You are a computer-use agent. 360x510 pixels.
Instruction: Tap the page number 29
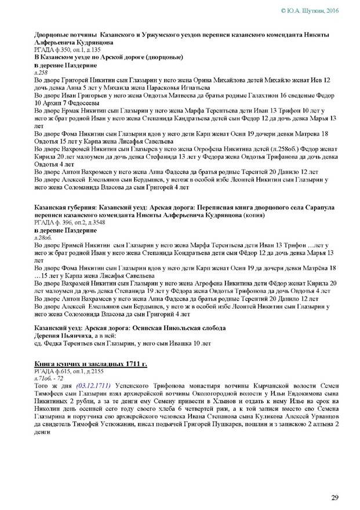tap(335, 496)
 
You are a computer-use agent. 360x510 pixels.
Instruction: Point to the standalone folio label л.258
tap(41, 73)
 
